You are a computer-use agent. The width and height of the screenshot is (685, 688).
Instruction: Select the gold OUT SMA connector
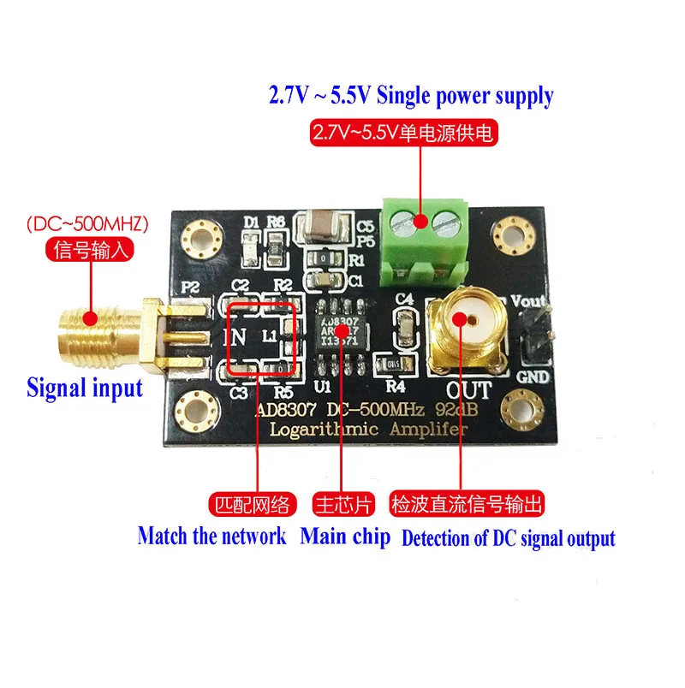(464, 320)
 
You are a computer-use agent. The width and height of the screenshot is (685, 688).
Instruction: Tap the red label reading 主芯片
(341, 504)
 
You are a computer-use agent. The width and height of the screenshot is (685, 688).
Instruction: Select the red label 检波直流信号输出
(467, 504)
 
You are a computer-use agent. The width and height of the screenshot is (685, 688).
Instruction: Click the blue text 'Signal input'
(84, 387)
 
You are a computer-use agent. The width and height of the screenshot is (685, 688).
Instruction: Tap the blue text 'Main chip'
(345, 537)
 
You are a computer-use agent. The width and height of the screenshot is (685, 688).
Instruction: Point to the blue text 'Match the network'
(211, 537)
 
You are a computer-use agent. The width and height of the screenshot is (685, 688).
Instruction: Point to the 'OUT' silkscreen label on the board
(467, 389)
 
